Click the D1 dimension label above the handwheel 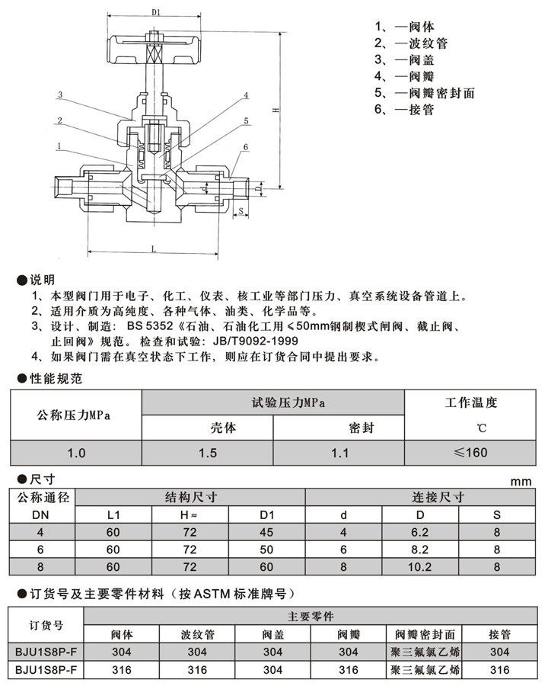[x=155, y=12]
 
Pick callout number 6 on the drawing [x=246, y=146]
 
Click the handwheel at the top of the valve [x=155, y=48]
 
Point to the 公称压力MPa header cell [x=75, y=415]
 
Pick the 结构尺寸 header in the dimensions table [x=192, y=497]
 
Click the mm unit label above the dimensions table [x=520, y=482]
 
